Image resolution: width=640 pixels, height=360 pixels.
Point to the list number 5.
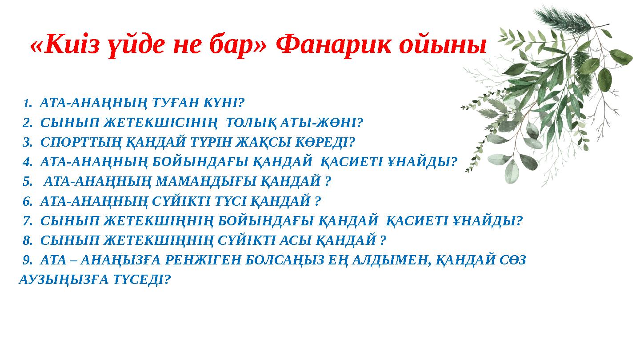pos(27,181)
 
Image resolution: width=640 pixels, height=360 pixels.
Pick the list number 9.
pos(27,260)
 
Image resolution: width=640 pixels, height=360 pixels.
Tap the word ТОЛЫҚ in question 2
pos(252,123)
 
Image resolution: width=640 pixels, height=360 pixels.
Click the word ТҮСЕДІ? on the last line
pos(143,280)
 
